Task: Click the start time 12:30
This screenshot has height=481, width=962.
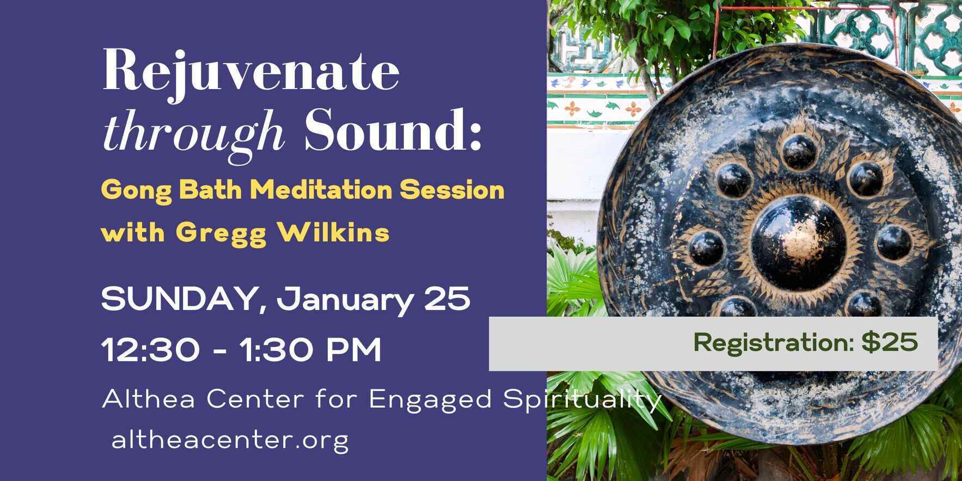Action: [150, 350]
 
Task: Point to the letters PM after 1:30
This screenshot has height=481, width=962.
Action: [354, 350]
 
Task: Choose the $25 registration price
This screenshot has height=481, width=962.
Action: [890, 343]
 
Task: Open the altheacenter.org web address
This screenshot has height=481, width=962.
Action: [230, 440]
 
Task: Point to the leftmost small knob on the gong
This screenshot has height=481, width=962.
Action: [706, 248]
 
